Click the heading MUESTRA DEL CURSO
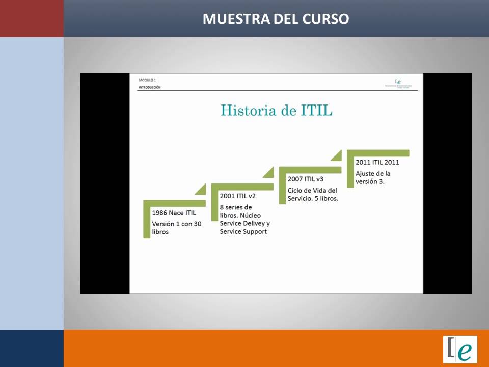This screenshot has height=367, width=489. tap(276, 19)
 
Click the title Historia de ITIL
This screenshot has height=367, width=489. tap(276, 110)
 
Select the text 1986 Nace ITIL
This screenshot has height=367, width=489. tap(174, 213)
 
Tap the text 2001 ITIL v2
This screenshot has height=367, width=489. tap(237, 196)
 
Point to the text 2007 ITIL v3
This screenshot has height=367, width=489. tap(306, 179)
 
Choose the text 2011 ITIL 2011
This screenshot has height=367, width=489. tap(377, 163)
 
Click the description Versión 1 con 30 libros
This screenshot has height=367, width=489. tap(176, 228)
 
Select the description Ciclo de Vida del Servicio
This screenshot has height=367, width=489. tap(312, 194)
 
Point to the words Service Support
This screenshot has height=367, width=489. tap(243, 232)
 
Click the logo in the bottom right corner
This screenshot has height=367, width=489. tap(460, 349)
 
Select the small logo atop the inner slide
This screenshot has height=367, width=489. tap(398, 83)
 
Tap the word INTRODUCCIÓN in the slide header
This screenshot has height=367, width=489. tap(149, 87)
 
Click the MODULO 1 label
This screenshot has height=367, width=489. tap(147, 80)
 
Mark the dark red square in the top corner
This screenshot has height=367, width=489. tap(32, 18)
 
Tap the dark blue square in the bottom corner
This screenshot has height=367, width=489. tap(32, 348)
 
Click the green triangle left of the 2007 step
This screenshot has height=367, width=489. tap(269, 174)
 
